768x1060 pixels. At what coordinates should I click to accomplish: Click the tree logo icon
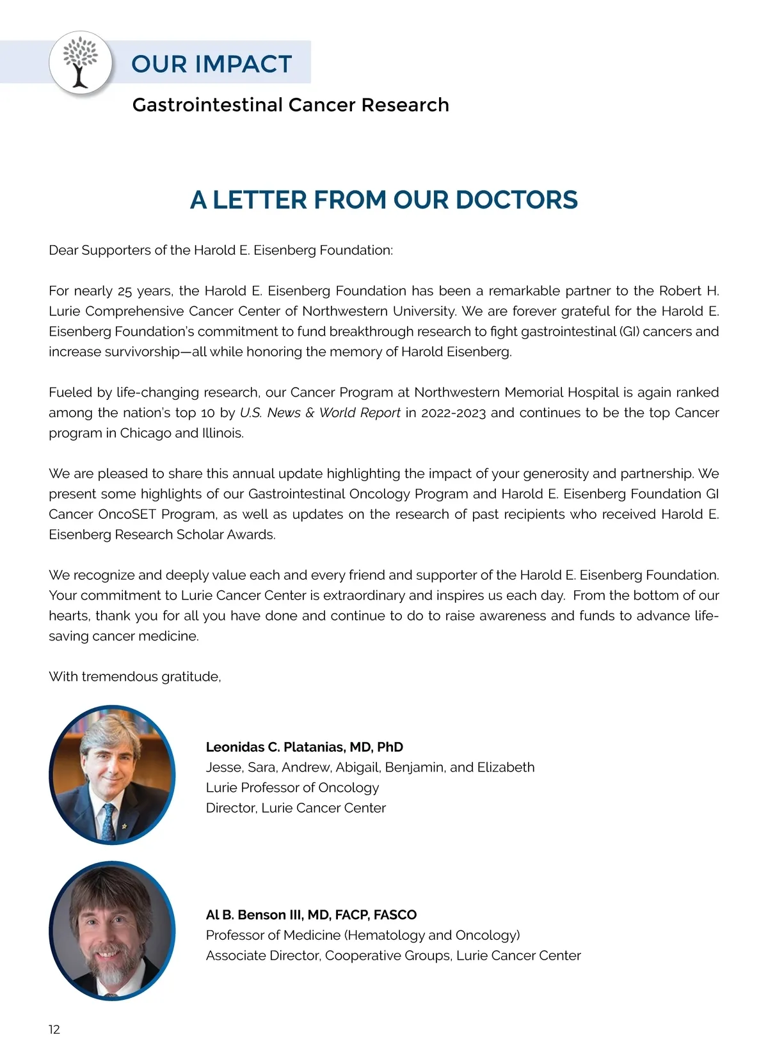(80, 63)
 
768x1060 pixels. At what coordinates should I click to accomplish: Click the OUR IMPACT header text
(211, 64)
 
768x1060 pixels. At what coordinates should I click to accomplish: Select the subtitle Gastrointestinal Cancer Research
(291, 105)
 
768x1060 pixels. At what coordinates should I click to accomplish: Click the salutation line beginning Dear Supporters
(221, 250)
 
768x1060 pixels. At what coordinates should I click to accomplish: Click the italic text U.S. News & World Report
(320, 413)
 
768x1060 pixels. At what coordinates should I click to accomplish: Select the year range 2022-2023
(454, 413)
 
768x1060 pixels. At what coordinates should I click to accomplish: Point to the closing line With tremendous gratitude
(135, 677)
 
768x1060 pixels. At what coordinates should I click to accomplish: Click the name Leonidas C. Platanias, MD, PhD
(305, 747)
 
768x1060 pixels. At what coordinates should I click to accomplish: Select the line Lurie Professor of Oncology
(292, 787)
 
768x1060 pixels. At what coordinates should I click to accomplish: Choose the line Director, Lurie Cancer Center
(296, 808)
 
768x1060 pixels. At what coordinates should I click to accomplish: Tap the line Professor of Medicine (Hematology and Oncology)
(363, 935)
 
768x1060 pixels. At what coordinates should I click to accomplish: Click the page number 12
(54, 1029)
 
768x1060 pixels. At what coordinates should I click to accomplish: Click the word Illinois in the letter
(223, 433)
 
